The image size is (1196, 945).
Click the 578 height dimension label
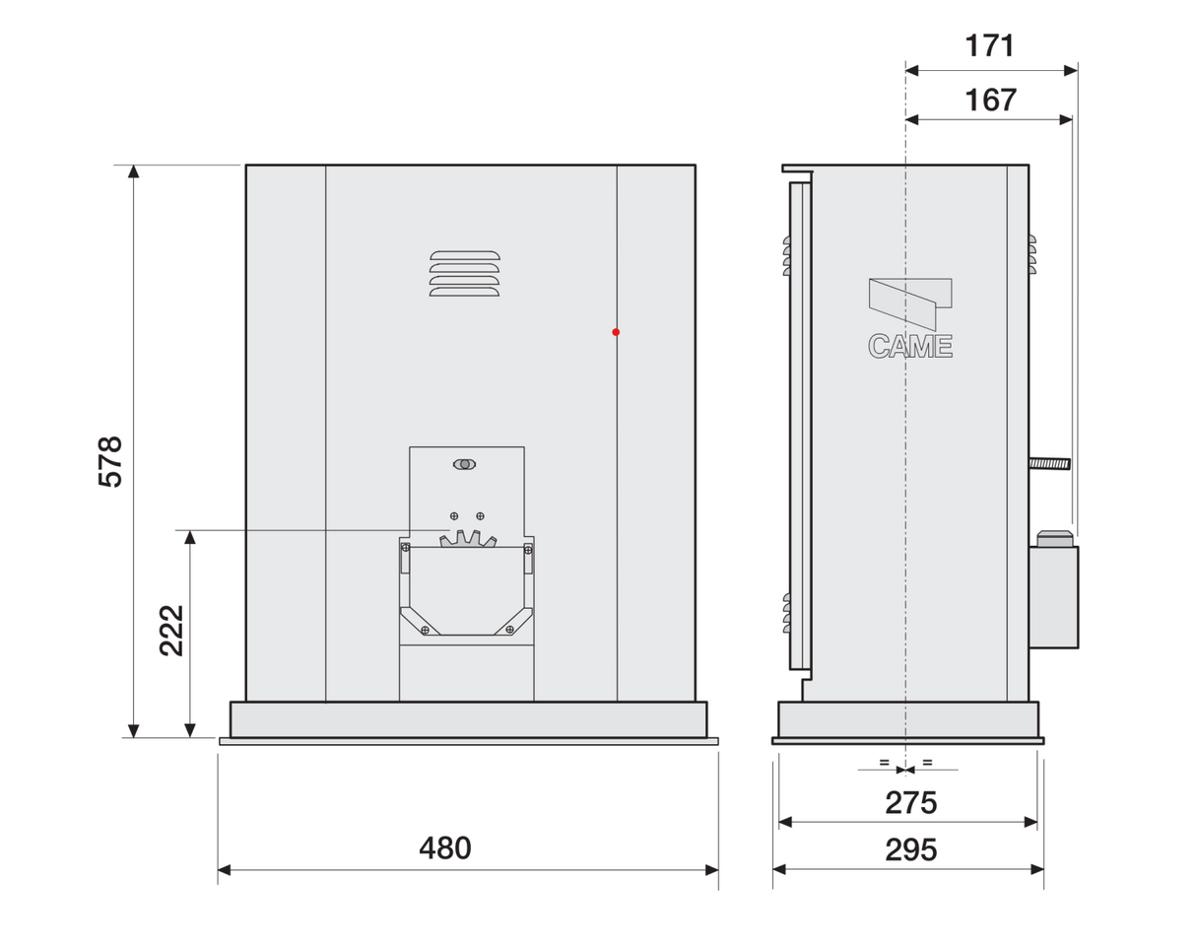pos(110,461)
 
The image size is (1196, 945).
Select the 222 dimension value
pos(171,631)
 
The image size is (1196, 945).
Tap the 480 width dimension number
pos(445,848)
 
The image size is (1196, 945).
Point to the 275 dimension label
pos(910,803)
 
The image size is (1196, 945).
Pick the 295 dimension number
pos(910,849)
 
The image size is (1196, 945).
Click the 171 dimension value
pos(989,46)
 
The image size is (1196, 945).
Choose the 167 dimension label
pos(989,100)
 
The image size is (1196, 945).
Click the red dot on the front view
pos(616,332)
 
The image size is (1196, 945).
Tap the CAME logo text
pos(909,346)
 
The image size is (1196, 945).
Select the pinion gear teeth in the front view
pos(466,539)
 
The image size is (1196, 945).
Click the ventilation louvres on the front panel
pos(464,273)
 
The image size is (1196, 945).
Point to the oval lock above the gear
pos(464,464)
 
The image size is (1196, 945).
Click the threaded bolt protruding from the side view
pos(1049,463)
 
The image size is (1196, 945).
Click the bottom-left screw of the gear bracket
pos(425,630)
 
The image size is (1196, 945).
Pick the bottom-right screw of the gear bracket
pos(509,629)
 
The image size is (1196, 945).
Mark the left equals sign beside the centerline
pos(884,762)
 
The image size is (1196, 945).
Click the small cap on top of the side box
pos(1054,538)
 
